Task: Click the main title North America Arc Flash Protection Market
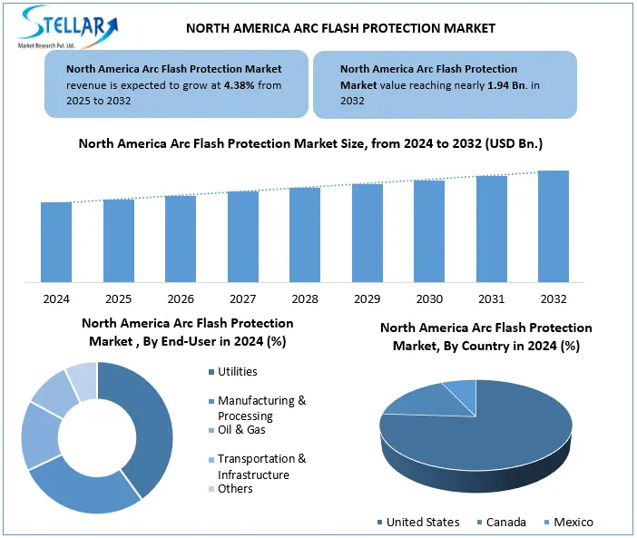pos(340,28)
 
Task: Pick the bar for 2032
pos(554,226)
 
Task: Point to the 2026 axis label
pos(181,299)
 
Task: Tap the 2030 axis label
pos(429,299)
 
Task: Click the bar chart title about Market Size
pos(310,143)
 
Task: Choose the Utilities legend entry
pos(237,371)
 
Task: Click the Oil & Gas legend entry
pos(241,430)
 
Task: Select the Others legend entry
pos(235,489)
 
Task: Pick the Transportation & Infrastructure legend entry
pos(261,466)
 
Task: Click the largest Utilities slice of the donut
pos(151,426)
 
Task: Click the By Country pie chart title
pos(485,337)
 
